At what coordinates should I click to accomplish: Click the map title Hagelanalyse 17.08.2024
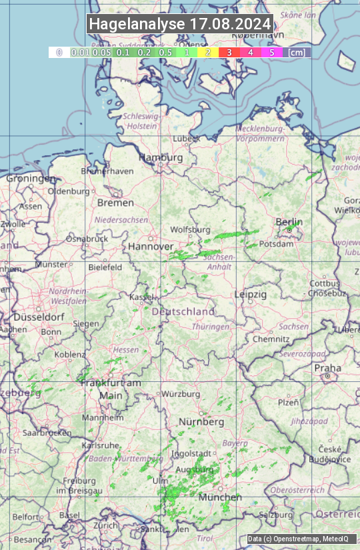point(180,24)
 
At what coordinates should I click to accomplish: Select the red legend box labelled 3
point(229,52)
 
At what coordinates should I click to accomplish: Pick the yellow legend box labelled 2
point(208,52)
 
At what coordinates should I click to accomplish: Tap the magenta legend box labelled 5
point(271,52)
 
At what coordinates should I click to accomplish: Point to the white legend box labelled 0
point(59,52)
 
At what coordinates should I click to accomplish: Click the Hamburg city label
point(160,157)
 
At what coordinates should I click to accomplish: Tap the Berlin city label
point(289,222)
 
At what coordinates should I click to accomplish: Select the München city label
point(220,497)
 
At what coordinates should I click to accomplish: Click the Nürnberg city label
point(201,422)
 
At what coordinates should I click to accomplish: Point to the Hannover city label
point(151,246)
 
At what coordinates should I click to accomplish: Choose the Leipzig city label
point(250,294)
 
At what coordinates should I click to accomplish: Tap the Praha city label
point(327,368)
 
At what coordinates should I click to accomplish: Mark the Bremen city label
point(111,202)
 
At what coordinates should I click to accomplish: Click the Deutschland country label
point(183,311)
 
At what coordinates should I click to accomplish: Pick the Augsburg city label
point(194,469)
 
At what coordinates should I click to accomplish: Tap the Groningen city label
point(31,179)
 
